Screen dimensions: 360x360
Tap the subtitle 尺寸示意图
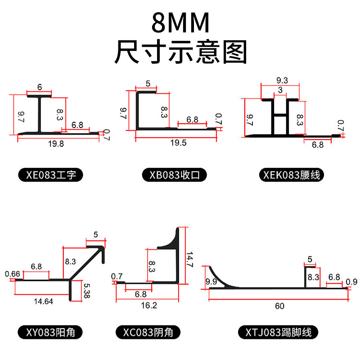point(180,52)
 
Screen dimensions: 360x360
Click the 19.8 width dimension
point(58,144)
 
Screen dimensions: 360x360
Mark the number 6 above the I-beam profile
point(39,87)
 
